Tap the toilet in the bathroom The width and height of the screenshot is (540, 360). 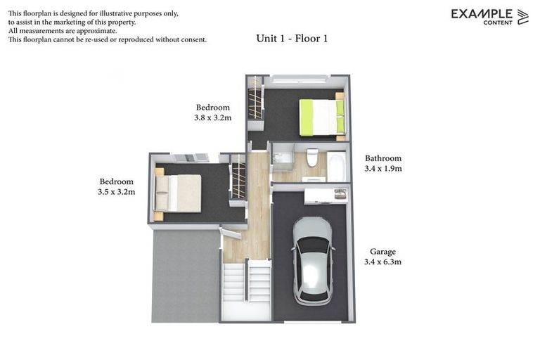tap(312, 157)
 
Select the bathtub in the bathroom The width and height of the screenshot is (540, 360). tap(336, 166)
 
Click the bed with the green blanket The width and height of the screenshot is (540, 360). tap(321, 117)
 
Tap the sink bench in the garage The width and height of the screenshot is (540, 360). tap(325, 195)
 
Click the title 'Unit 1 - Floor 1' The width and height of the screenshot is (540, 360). tap(292, 39)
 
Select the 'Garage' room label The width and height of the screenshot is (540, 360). tap(383, 251)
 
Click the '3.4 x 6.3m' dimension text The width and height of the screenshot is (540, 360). tap(383, 262)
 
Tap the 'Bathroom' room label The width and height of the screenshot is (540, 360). tap(382, 158)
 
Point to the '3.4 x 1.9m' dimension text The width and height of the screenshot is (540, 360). tap(382, 169)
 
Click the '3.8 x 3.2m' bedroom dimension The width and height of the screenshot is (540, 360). tap(212, 118)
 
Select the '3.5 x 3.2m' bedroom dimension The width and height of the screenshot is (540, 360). tap(117, 191)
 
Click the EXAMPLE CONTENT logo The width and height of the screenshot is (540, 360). tap(489, 16)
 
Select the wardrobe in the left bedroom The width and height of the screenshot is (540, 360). tap(239, 181)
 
